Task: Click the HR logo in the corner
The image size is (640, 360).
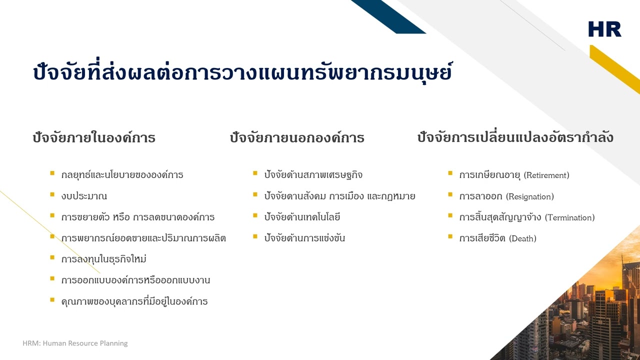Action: point(604,29)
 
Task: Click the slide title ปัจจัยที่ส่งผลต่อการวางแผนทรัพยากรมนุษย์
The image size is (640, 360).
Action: point(242,73)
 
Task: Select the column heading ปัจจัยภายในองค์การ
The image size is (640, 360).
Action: point(94,137)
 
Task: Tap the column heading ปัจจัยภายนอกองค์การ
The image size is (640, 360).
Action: point(297,137)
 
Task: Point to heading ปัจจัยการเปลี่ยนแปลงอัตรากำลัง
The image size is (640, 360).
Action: point(515,137)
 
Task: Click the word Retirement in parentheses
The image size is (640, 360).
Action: point(546,175)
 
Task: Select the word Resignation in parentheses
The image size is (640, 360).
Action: point(530,196)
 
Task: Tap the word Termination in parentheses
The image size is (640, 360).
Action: point(569,217)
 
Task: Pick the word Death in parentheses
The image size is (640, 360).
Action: point(522,238)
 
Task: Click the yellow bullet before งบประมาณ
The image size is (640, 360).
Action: point(52,194)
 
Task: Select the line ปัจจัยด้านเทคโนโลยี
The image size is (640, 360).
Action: point(302,217)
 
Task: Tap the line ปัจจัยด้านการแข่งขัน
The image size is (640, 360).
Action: point(304,238)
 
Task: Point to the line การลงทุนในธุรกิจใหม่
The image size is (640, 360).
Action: point(103,259)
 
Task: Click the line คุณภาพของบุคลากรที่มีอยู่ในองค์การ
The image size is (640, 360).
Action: point(134,301)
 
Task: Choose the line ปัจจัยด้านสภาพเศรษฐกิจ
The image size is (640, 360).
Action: point(313,175)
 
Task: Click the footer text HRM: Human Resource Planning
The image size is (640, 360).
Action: point(75,343)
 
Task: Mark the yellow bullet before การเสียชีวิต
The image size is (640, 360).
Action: point(450,236)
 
